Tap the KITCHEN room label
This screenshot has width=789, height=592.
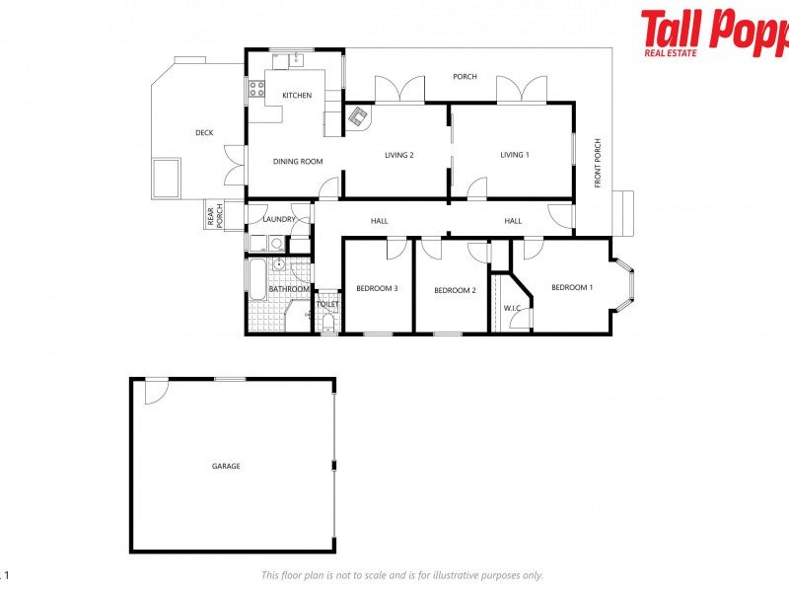pos(297,96)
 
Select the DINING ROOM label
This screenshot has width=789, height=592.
pos(298,162)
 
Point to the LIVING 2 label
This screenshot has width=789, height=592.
pos(398,155)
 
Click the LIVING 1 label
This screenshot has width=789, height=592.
pos(514,155)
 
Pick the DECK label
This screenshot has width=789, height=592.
pos(204,133)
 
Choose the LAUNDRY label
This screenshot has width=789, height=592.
pos(279,219)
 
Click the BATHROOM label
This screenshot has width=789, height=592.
pos(290,289)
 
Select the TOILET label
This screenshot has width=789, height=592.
pos(327,305)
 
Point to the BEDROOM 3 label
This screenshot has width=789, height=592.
pos(377,289)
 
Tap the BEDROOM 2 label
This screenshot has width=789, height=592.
pos(455,290)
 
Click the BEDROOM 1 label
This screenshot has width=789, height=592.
pos(572,288)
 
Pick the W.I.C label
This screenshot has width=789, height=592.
pos(512,309)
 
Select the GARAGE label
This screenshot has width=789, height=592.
pos(226,467)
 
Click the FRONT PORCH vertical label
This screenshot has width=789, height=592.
pos(598,164)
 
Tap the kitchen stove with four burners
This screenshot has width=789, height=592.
pos(255,91)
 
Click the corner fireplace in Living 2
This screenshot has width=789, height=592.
pos(356,118)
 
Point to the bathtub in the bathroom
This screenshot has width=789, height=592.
pos(255,281)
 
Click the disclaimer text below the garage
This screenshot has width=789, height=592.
pos(401,575)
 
